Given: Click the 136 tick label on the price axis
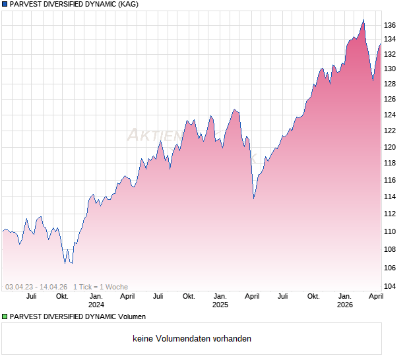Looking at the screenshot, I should (390, 25).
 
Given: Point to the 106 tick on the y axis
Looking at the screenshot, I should (390, 267).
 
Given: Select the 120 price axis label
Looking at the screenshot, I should (390, 147).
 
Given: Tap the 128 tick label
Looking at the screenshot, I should (390, 84).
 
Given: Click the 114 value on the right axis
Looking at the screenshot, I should (390, 196).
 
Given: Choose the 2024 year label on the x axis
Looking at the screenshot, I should (96, 305).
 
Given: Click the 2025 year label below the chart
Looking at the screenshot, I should (220, 305).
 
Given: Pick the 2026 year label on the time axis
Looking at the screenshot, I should (344, 305).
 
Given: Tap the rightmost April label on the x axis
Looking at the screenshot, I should (375, 296).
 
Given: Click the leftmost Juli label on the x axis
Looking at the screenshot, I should (31, 296).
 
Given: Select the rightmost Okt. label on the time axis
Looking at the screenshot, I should (313, 296).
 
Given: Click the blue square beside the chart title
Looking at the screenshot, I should (5, 5).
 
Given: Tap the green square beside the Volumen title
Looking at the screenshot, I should (5, 317).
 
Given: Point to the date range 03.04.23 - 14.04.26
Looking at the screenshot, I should (36, 287).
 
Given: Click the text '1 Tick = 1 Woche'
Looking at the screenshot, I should (100, 287).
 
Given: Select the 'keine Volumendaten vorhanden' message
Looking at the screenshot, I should (192, 339).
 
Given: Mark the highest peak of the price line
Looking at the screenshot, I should (363, 20).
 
